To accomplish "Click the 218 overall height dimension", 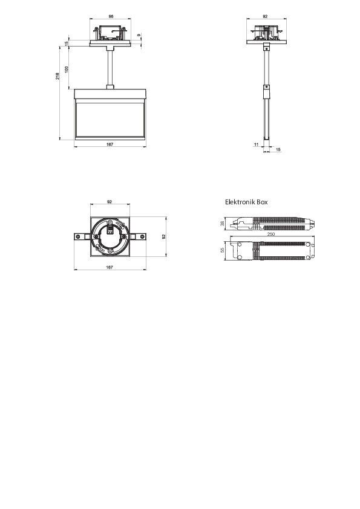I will pyautogui.click(x=57, y=76).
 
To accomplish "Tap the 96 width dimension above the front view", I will pyautogui.click(x=111, y=16).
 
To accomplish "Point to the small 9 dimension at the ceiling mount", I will pyautogui.click(x=139, y=36).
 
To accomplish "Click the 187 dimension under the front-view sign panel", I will pyautogui.click(x=110, y=144).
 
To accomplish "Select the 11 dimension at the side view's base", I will pyautogui.click(x=256, y=144).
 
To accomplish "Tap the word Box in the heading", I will pyautogui.click(x=261, y=202).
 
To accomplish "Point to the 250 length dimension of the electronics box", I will pyautogui.click(x=270, y=234).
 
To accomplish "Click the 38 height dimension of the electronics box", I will pyautogui.click(x=223, y=223).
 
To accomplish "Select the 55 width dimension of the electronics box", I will pyautogui.click(x=223, y=250).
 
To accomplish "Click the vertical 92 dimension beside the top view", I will pyautogui.click(x=163, y=237).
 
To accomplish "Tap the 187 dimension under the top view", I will pyautogui.click(x=110, y=267).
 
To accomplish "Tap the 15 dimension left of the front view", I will pyautogui.click(x=67, y=43).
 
